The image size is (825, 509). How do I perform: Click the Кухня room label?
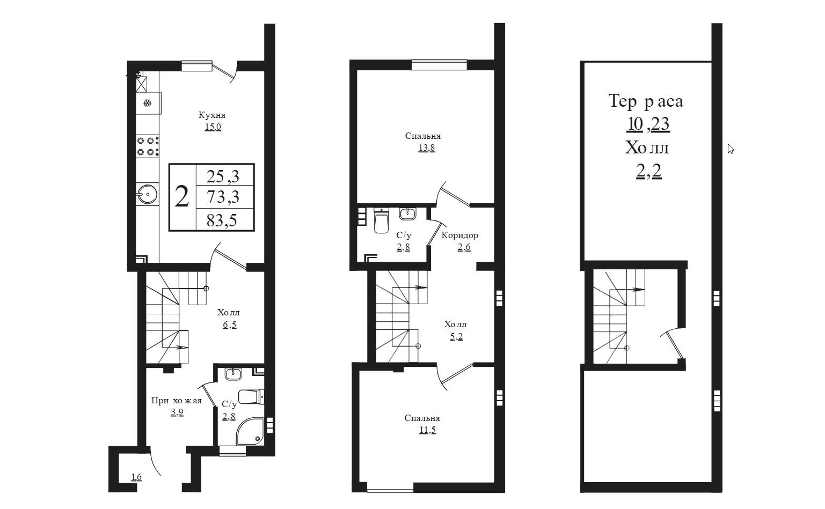[x=212, y=115]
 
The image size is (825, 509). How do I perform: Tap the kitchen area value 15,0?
[x=213, y=127]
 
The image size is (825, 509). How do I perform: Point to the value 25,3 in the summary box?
[x=223, y=176]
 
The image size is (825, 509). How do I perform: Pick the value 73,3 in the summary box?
[x=223, y=196]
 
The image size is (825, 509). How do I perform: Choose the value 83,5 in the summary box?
[x=222, y=220]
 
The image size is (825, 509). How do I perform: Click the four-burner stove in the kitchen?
[x=147, y=146]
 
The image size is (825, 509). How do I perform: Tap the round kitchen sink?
[x=147, y=194]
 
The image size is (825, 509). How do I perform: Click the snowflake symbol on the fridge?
[x=148, y=102]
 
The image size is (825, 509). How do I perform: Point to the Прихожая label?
[x=177, y=401]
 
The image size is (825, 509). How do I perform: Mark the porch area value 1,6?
[x=136, y=477]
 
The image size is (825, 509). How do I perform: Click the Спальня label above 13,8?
[x=423, y=136]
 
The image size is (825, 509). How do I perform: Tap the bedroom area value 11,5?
[x=427, y=430]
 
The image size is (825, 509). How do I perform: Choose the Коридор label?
[x=459, y=235]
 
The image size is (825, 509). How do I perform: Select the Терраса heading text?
[x=646, y=101]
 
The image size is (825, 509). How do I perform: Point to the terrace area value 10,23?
[x=648, y=124]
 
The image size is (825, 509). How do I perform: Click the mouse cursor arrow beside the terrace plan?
[x=731, y=149]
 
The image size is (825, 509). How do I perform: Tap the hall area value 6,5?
[x=229, y=324]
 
